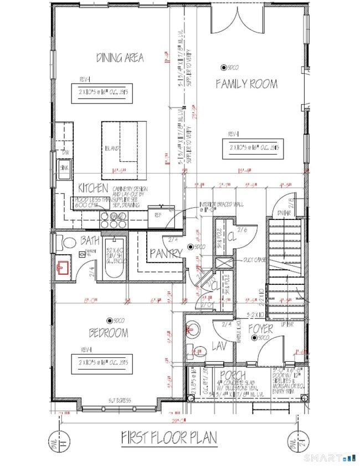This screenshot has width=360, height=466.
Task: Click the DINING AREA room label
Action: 120,58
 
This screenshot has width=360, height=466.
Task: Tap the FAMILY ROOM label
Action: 246,84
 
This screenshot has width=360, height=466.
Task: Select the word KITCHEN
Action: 93,188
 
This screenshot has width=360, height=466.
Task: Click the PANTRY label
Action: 166,253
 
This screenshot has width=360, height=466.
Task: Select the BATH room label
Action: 90,242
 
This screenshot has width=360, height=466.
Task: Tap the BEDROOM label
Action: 108,333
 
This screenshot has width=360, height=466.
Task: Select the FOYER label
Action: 260,329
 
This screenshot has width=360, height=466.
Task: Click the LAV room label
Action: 218,346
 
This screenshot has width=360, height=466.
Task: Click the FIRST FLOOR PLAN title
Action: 169,438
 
